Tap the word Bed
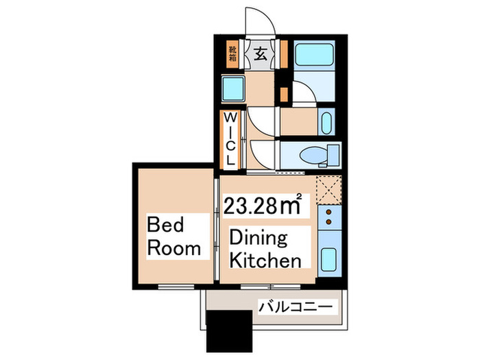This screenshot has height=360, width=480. tap(165, 224)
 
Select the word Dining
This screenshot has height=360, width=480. tap(259, 239)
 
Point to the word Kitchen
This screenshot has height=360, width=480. tap(265, 261)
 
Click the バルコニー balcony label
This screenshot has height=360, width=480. tap(296, 307)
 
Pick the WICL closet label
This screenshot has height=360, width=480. tap(230, 139)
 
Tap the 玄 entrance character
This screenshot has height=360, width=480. tap(260, 54)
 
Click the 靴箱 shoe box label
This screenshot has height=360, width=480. tap(232, 54)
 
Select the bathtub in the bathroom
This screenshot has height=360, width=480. tap(314, 54)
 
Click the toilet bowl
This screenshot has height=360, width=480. tap(314, 155)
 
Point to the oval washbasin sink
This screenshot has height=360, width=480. tap(326, 123)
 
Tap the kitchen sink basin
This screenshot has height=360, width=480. tap(328, 259)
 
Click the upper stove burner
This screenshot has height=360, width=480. tap(328, 212)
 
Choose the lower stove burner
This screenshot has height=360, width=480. tap(328, 221)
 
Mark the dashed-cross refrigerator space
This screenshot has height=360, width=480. tap(328, 190)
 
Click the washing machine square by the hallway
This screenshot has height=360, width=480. tap(233, 88)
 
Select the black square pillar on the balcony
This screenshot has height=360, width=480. tap(229, 331)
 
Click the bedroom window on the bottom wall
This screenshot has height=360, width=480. tap(176, 287)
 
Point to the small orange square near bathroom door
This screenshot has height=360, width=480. tap(285, 95)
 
